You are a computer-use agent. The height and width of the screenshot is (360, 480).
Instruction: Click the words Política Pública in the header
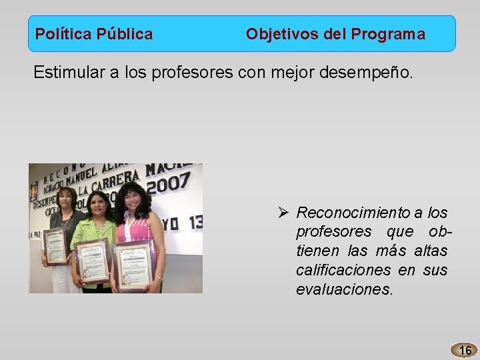coord(93,34)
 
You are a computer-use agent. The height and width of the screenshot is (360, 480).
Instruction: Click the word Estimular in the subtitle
coord(66,72)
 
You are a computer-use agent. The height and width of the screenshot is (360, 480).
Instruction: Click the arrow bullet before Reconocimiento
coord(283,213)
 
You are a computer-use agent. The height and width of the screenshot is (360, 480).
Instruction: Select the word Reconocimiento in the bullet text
coord(353,213)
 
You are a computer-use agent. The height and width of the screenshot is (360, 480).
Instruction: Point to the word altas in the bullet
coord(431,251)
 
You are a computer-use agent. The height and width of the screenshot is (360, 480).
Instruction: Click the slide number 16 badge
coord(465,350)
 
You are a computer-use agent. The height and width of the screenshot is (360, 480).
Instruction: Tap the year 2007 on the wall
coord(168,183)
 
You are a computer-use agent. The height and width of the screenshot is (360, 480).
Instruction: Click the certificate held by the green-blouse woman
coord(93,260)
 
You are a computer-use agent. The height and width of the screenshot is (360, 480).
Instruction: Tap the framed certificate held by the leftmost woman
coord(56,246)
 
